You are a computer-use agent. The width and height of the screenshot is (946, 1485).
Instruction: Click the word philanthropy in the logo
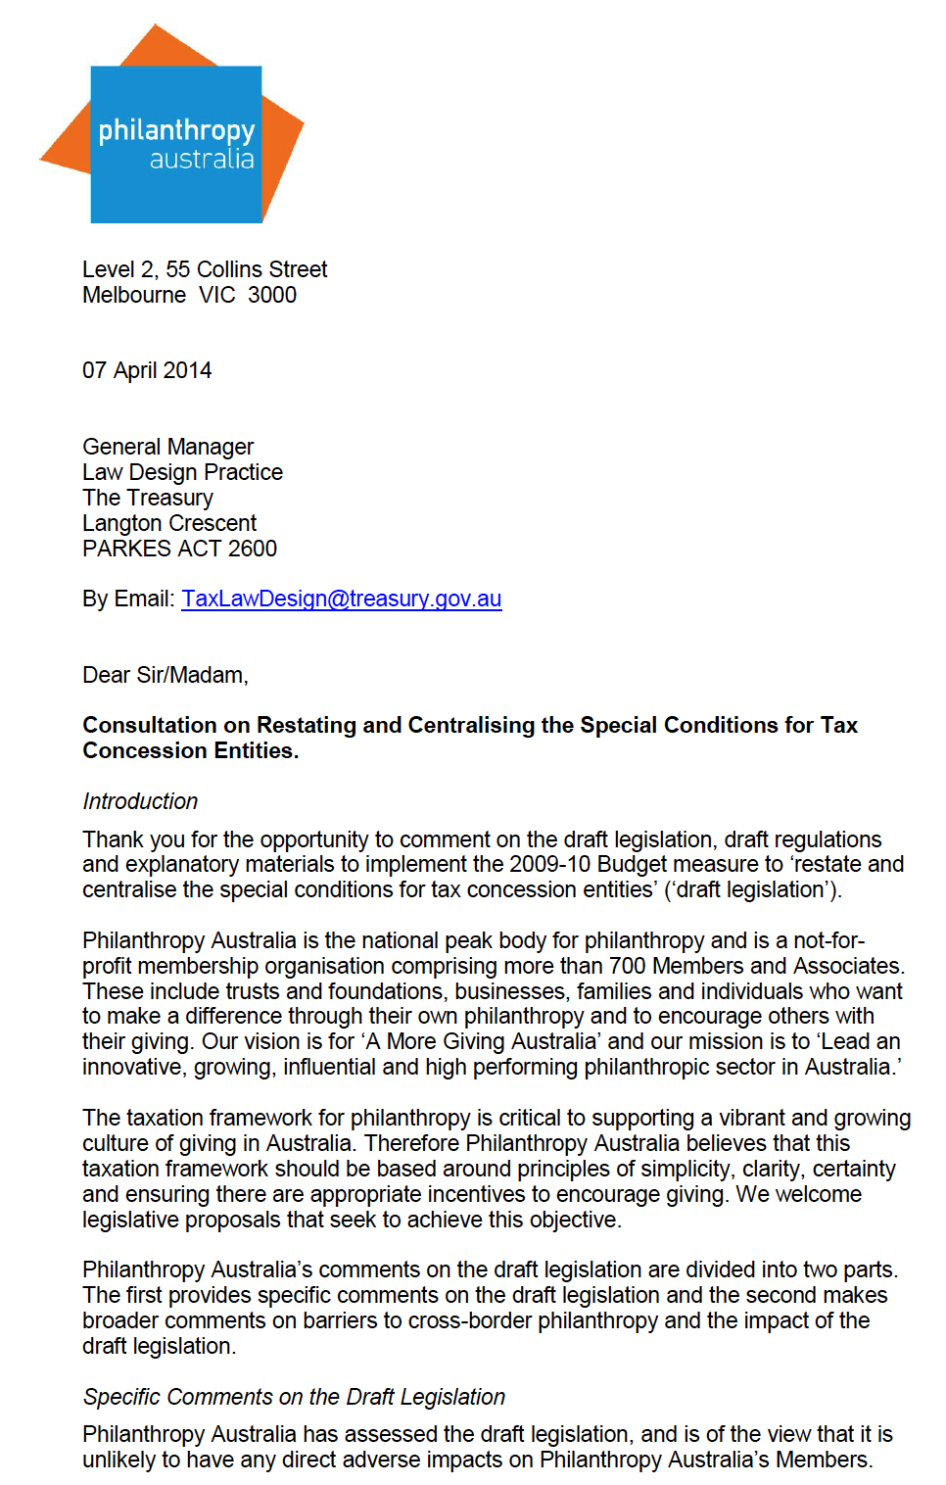(176, 131)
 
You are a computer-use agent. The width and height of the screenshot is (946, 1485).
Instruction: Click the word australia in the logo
(202, 160)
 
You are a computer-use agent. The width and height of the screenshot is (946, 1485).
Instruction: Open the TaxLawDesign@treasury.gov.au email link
(342, 599)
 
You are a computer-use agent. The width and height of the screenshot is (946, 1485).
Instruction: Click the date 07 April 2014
(147, 370)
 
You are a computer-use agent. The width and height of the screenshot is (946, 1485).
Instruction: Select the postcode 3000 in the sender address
(272, 295)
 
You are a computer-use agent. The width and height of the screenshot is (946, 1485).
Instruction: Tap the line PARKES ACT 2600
(179, 549)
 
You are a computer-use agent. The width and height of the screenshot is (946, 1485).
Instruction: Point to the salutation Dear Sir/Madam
(165, 675)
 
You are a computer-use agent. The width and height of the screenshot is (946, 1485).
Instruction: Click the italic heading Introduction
(140, 801)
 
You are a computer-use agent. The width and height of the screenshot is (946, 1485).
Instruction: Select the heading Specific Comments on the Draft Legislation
(294, 1397)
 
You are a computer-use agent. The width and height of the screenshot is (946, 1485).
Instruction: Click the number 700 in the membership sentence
(628, 966)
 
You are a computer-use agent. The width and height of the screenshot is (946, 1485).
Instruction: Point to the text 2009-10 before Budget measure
(549, 864)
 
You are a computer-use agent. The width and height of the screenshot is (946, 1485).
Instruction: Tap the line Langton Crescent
(169, 523)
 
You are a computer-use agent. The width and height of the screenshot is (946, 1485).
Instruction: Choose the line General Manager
(167, 447)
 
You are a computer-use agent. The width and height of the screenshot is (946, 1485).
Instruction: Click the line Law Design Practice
(182, 472)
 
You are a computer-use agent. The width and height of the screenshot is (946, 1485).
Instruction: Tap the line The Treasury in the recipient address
(148, 498)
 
